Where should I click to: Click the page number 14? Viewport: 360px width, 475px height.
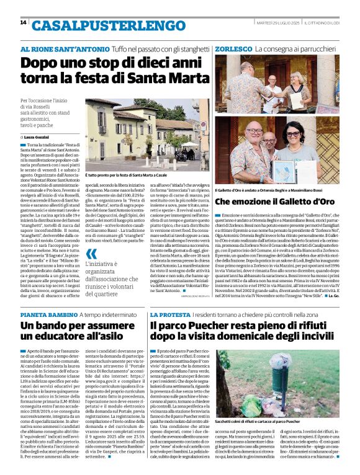pyautogui.click(x=23, y=23)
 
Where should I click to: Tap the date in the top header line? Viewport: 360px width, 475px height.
pyautogui.click(x=276, y=22)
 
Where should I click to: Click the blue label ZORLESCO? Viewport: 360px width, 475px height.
pyautogui.click(x=232, y=48)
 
